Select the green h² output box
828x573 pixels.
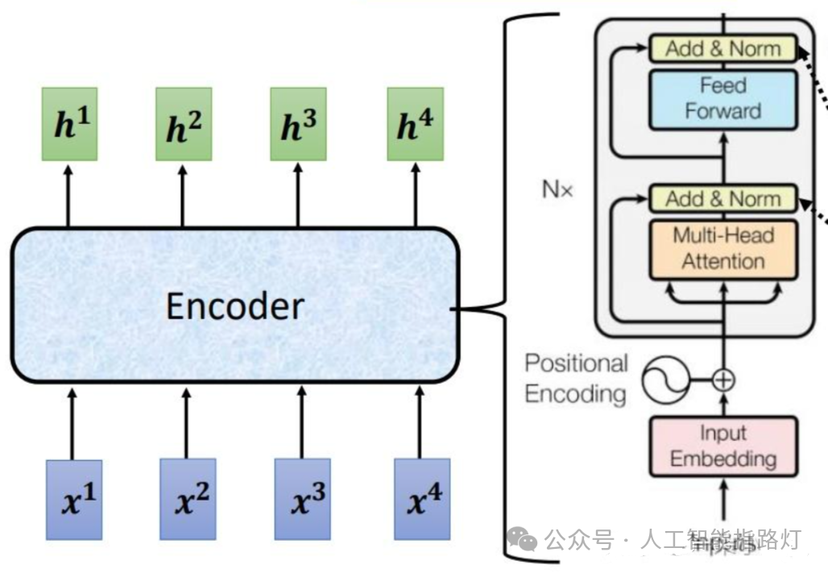tap(184, 124)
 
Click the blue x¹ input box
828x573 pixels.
tap(74, 499)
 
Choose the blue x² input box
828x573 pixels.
tap(188, 499)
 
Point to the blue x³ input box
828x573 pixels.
tap(303, 499)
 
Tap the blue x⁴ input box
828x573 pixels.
tap(422, 499)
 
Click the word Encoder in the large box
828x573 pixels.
tap(235, 306)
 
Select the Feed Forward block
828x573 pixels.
tap(722, 98)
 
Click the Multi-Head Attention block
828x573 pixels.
tap(722, 248)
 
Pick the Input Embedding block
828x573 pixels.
tap(722, 446)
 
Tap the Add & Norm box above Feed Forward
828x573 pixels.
tap(722, 48)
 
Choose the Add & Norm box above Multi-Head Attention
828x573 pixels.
tap(722, 198)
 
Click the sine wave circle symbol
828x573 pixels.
tap(666, 380)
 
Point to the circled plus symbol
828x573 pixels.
tap(724, 380)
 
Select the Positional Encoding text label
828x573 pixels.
tap(576, 378)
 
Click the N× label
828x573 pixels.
tap(557, 192)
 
